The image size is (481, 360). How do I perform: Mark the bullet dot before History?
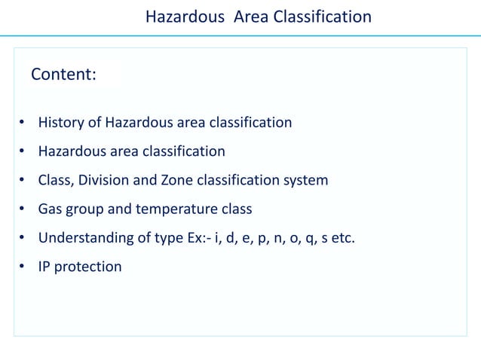click(x=23, y=123)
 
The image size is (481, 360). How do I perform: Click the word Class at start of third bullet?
click(x=57, y=180)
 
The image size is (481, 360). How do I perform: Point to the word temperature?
click(x=173, y=209)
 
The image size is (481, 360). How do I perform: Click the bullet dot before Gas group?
click(x=23, y=209)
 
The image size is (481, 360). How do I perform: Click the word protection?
click(x=89, y=267)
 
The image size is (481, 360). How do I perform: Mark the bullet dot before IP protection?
click(x=23, y=267)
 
